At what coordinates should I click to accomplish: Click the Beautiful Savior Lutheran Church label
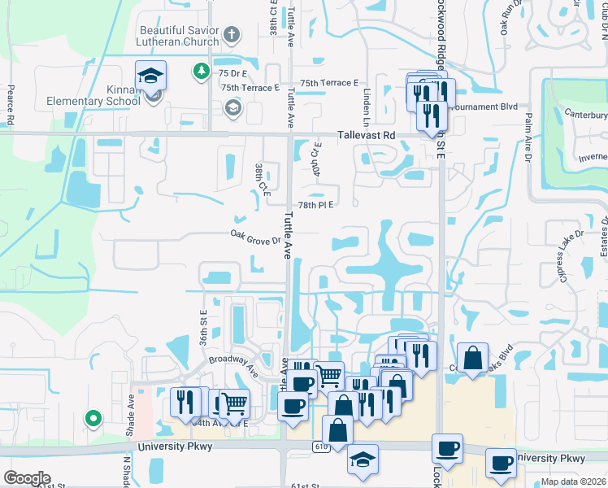178,37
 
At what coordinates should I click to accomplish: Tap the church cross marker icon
232,34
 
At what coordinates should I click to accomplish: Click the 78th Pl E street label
316,205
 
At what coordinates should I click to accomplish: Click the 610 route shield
320,446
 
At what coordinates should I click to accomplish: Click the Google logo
28,478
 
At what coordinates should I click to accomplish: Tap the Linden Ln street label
367,101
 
